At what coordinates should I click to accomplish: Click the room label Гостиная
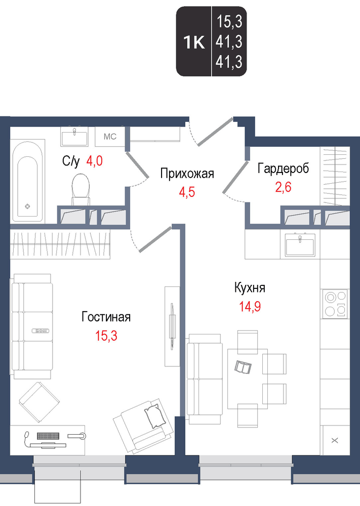coord(106,317)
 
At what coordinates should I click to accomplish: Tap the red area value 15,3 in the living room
coord(106,336)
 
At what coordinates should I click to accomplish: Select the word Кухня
coord(250,288)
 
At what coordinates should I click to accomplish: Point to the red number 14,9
coord(250,307)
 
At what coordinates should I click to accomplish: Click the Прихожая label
coord(187,174)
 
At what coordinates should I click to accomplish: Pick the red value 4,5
coord(187,192)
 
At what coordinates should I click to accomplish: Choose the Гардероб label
coord(283,168)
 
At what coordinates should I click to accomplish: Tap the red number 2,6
coord(283,187)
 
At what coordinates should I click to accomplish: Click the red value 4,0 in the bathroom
coord(94,160)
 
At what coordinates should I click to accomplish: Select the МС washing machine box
coord(110,137)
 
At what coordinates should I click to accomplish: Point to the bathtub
coord(27,181)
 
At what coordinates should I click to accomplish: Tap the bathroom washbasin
coord(74,137)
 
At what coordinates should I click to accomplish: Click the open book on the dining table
coord(243,367)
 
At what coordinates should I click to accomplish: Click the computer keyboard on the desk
coord(48,436)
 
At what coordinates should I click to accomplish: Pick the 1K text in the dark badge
coord(194,43)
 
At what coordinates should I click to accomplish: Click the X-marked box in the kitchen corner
coord(335,440)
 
